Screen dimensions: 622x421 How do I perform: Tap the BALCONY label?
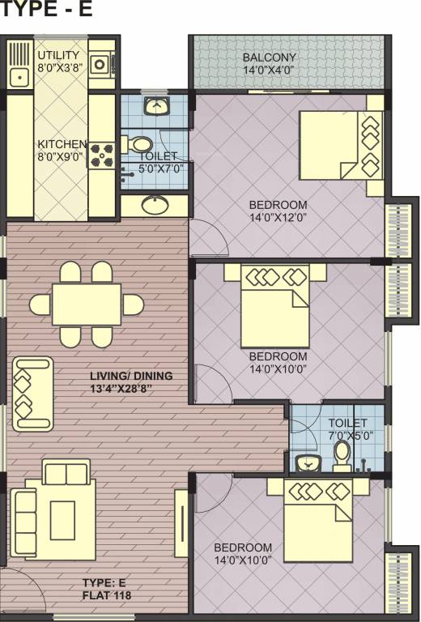click(270, 58)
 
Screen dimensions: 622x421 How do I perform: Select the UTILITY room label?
click(58, 55)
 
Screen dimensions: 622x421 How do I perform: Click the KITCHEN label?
click(62, 145)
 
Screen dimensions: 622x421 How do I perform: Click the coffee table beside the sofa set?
click(63, 519)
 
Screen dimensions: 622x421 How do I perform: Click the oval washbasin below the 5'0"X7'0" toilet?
click(154, 205)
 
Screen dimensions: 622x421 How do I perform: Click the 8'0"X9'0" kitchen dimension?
click(62, 158)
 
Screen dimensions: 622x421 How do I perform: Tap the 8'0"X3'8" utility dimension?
click(58, 68)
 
